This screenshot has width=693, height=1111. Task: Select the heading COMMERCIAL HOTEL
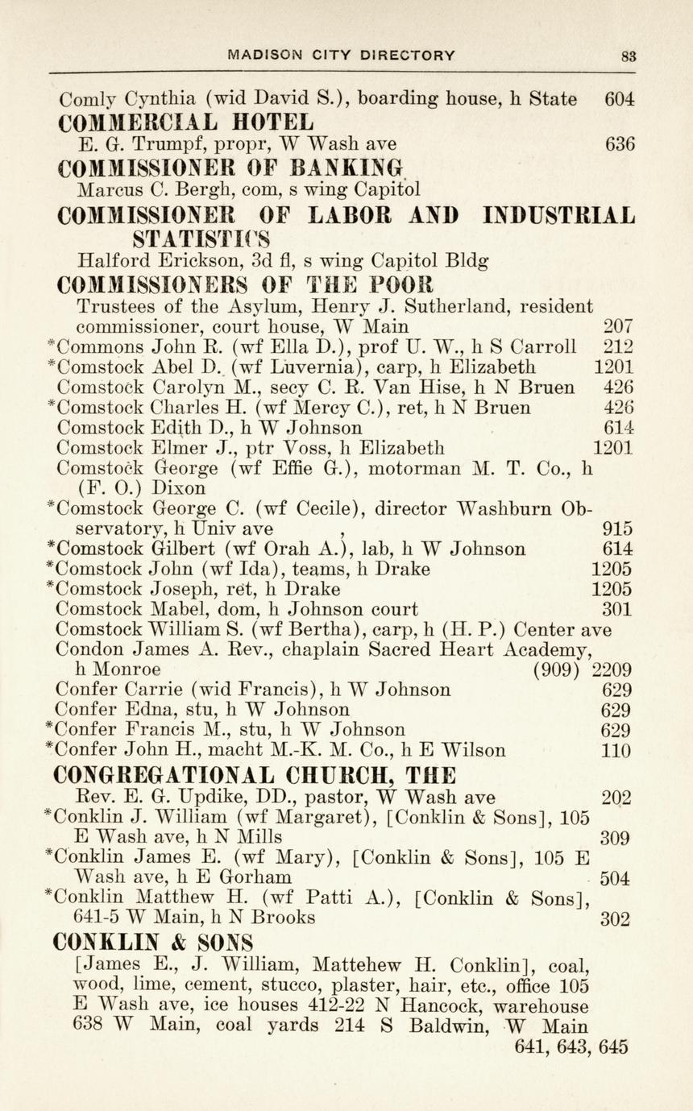(x=186, y=123)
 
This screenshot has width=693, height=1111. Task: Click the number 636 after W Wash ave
(x=620, y=145)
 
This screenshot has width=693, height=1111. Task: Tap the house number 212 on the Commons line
(x=618, y=347)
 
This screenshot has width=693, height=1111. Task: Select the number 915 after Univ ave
(x=618, y=529)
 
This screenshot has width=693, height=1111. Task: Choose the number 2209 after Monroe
(x=612, y=670)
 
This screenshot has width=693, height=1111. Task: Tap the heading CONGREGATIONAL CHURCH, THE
(x=254, y=776)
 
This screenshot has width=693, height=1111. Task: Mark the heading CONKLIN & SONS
(x=153, y=942)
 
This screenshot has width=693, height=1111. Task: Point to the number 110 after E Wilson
(x=617, y=751)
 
